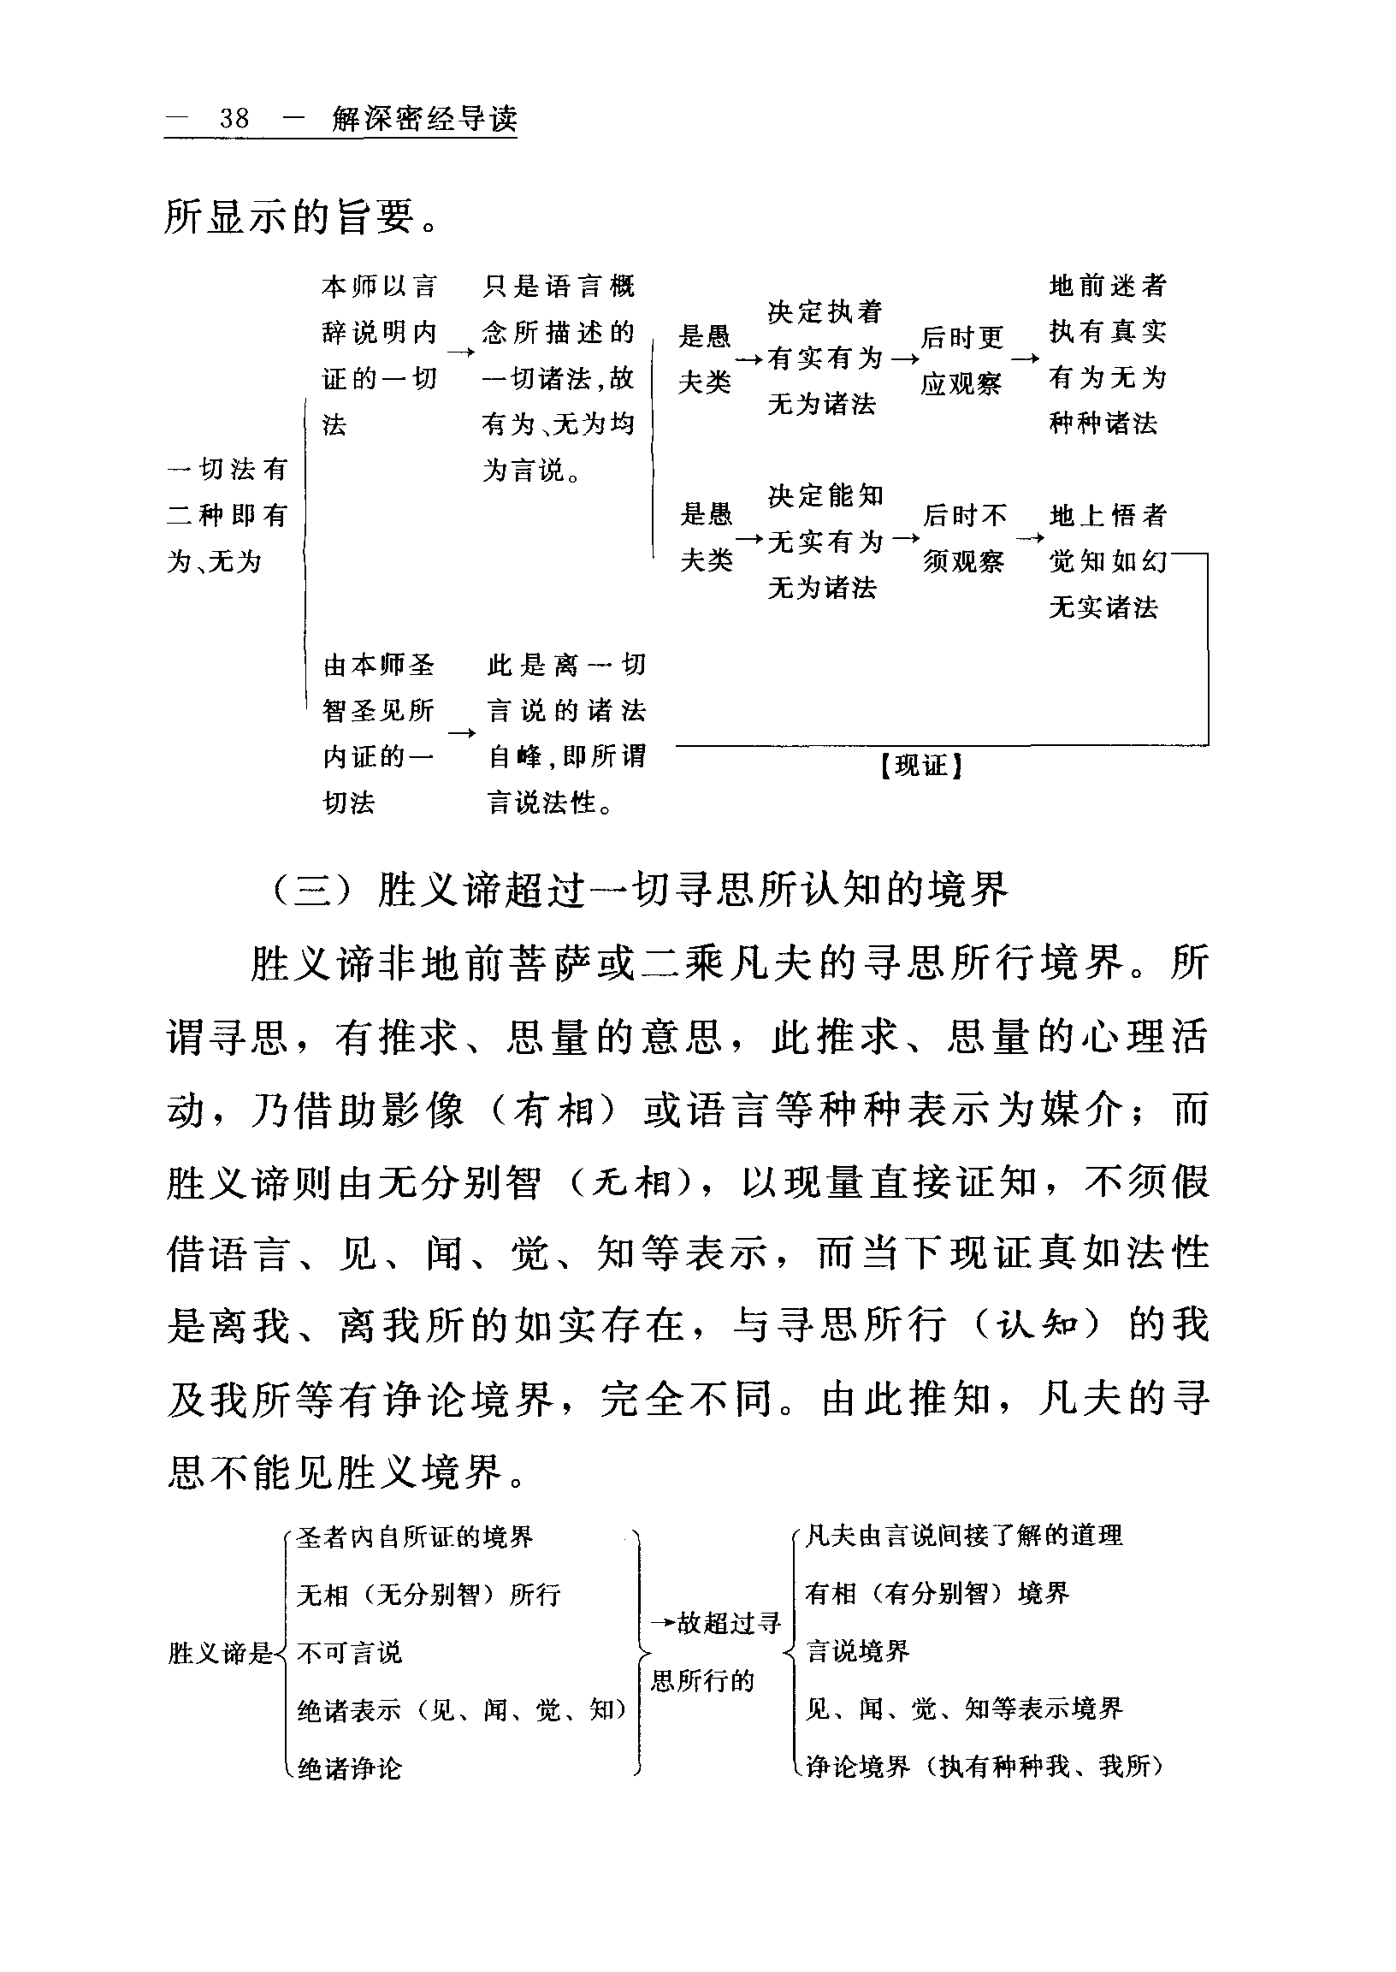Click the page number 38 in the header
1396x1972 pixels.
tap(234, 118)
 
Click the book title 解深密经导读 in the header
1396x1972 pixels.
tap(424, 119)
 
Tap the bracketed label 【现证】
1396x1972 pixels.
tap(920, 765)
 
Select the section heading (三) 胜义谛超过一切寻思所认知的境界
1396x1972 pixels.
tap(640, 891)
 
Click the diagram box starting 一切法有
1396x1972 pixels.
tap(227, 515)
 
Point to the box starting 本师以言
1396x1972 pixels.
tap(379, 354)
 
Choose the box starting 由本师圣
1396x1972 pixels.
tap(379, 733)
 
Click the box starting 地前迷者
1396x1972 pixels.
tap(1107, 354)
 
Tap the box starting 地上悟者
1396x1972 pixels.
tap(1107, 561)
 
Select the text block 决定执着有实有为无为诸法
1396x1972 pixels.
tap(825, 358)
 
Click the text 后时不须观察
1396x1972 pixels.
tap(964, 538)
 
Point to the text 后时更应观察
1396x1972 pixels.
tap(962, 360)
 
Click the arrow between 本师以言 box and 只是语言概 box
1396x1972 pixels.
tap(461, 352)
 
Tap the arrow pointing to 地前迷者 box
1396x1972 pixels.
tap(1025, 358)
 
